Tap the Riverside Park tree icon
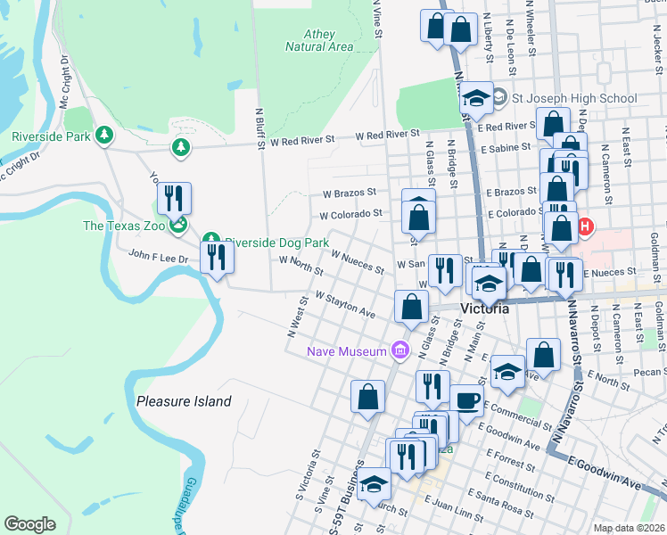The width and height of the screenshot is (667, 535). click(106, 135)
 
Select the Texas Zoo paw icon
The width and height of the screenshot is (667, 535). click(180, 226)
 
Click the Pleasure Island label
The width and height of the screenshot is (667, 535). click(184, 401)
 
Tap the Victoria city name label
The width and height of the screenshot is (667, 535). click(485, 309)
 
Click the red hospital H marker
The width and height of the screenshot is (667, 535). click(585, 226)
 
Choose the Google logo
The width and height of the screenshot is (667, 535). click(30, 523)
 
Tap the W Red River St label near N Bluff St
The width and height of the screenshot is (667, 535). click(301, 140)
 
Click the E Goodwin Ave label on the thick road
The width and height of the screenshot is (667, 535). click(606, 473)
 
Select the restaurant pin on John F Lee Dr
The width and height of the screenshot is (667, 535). click(217, 257)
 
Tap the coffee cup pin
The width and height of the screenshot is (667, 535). click(466, 399)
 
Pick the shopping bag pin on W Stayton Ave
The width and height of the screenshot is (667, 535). click(410, 307)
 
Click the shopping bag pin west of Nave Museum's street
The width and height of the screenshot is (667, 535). click(367, 396)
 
